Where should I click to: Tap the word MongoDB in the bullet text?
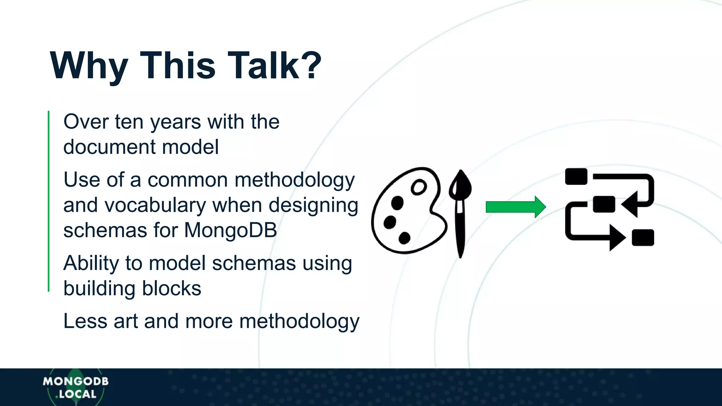click(231, 230)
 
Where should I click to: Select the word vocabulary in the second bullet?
click(155, 205)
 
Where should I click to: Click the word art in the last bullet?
click(126, 321)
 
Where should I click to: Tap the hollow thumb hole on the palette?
click(419, 187)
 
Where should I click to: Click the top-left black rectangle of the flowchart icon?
click(576, 176)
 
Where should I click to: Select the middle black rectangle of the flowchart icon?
click(604, 204)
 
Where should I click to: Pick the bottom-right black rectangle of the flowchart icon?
click(643, 238)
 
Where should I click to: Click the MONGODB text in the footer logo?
click(76, 381)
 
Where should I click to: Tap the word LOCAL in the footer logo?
click(78, 394)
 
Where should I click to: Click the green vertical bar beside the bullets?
click(49, 201)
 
